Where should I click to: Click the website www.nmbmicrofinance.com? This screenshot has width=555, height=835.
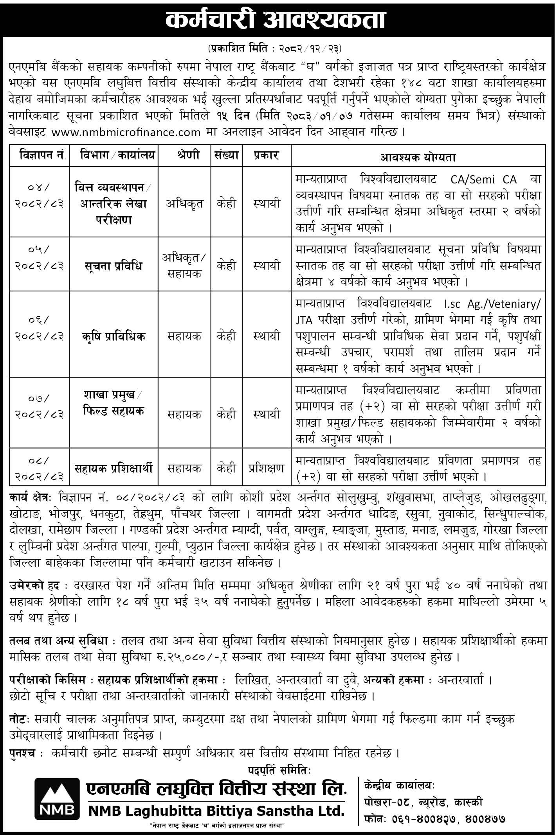point(126,132)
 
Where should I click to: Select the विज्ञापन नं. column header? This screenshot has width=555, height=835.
point(39,156)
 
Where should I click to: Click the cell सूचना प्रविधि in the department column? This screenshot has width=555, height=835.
point(114,266)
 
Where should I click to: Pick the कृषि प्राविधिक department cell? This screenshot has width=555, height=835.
point(114,336)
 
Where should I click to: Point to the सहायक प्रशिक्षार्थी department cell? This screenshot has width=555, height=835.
point(114,468)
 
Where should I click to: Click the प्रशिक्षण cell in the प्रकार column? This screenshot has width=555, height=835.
point(266,468)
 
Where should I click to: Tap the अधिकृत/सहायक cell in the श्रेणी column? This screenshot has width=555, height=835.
point(184,265)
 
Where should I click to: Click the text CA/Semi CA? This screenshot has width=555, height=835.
point(481,180)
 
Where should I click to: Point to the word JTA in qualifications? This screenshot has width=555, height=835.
point(304,320)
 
